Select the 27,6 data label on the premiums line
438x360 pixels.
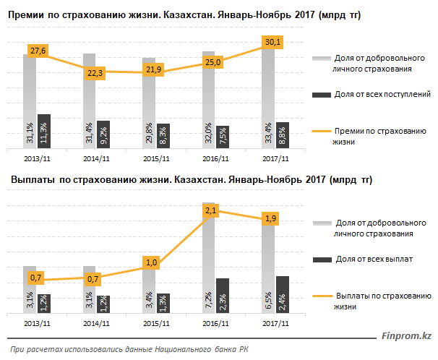click(38, 50)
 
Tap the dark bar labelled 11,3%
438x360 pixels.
click(44, 130)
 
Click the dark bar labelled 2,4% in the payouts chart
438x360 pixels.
click(282, 295)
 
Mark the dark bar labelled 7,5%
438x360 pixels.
click(223, 136)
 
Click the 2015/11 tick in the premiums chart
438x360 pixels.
click(155, 158)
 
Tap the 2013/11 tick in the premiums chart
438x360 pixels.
click(37, 158)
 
